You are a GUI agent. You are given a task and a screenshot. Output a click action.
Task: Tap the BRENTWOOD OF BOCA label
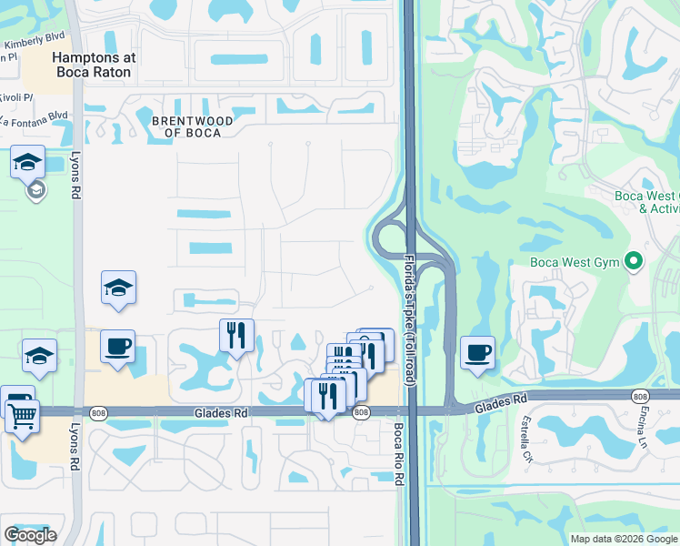(193, 126)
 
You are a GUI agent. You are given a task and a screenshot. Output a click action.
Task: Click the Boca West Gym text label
(575, 264)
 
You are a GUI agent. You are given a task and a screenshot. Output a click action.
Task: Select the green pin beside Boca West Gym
(635, 264)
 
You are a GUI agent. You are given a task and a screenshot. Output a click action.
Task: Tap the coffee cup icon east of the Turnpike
(477, 353)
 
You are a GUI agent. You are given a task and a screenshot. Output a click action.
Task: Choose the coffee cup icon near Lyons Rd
(117, 347)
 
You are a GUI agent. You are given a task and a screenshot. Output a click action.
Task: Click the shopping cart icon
(22, 419)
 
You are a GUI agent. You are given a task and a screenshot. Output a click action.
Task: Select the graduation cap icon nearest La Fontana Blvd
(27, 164)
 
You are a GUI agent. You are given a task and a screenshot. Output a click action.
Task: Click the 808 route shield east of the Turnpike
(641, 395)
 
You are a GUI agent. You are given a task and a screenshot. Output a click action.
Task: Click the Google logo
(30, 535)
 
